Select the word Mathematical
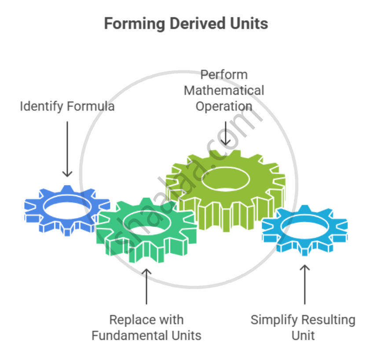224,91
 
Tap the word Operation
224,106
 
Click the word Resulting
328,320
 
